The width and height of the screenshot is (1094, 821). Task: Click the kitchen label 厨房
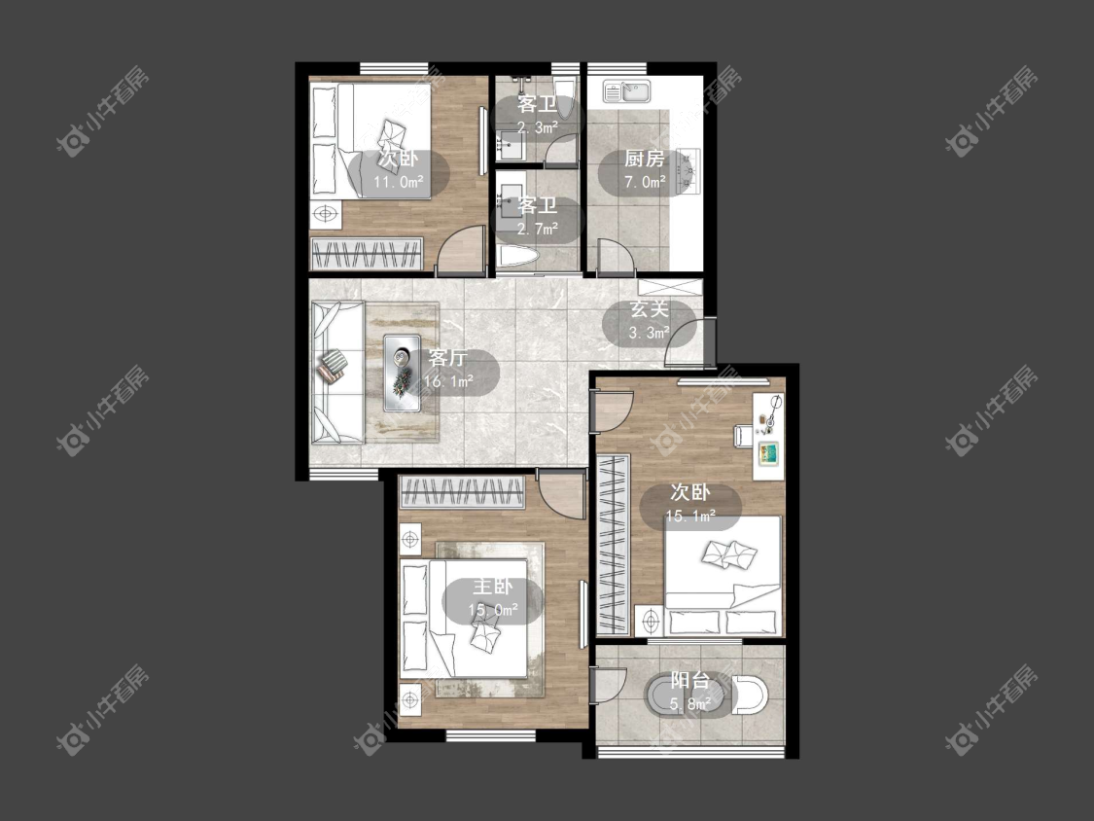click(x=644, y=160)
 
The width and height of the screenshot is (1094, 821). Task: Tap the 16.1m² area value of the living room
click(x=448, y=381)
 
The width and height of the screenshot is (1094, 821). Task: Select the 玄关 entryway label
click(x=650, y=309)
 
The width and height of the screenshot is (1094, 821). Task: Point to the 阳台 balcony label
click(x=690, y=680)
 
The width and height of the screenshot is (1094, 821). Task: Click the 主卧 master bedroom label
click(x=493, y=587)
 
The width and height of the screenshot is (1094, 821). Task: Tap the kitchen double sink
click(x=626, y=91)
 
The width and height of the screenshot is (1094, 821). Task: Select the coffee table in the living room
click(x=402, y=373)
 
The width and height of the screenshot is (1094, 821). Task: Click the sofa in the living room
click(x=337, y=373)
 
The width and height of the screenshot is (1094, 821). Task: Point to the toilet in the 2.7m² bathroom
click(x=517, y=257)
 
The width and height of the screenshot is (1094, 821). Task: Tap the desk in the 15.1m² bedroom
click(x=768, y=436)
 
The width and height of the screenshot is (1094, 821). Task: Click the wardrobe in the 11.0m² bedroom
click(x=367, y=254)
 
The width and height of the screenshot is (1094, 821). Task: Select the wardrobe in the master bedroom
click(x=461, y=492)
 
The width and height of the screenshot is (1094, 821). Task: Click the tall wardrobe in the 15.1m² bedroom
click(x=614, y=544)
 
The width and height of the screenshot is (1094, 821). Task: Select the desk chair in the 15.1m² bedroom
click(x=742, y=435)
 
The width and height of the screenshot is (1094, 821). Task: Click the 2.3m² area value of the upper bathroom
click(x=537, y=127)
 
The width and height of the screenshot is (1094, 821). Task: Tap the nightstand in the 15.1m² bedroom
click(x=651, y=620)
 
